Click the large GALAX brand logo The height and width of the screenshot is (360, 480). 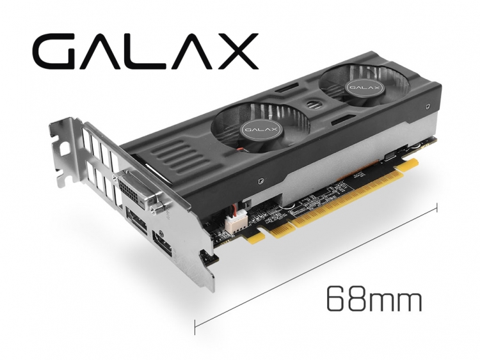145,51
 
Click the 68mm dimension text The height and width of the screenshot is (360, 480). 374,299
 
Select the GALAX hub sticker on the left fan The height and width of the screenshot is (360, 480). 260,129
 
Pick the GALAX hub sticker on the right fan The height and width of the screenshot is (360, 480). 364,87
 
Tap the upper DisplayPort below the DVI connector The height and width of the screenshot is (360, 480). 136,220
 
